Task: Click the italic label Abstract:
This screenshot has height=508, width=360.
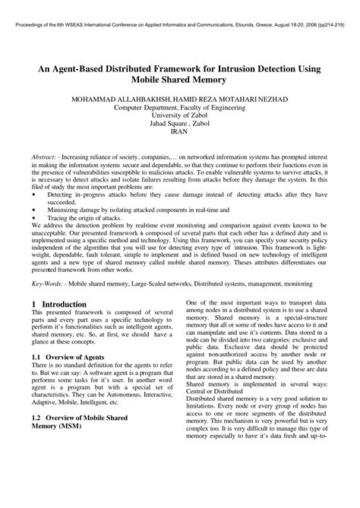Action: [47, 156]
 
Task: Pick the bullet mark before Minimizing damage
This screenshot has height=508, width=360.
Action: [35, 212]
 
